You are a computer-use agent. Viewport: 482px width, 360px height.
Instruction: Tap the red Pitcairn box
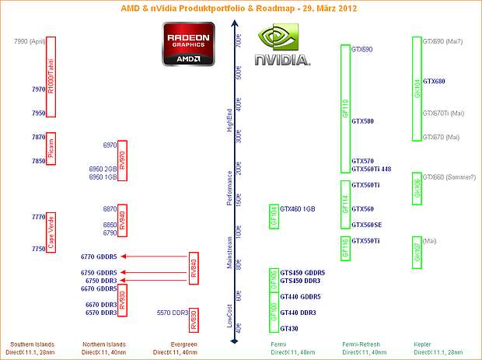tap(51, 148)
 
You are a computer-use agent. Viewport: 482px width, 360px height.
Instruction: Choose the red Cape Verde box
tap(51, 232)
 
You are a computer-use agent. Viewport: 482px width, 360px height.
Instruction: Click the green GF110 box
tap(345, 108)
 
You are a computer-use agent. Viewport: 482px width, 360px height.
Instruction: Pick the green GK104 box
tap(417, 88)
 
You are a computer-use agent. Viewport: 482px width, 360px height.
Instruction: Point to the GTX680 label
tap(434, 82)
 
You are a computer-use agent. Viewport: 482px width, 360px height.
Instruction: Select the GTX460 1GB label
tap(297, 208)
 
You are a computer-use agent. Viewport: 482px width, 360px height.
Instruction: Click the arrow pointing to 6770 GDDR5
tap(155, 256)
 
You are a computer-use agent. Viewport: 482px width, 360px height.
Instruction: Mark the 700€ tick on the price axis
tap(239, 42)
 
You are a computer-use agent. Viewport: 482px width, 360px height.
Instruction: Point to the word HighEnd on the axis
tap(229, 120)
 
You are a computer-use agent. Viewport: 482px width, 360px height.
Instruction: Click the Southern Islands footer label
tap(25, 344)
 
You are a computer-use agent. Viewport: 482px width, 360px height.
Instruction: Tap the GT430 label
tap(288, 329)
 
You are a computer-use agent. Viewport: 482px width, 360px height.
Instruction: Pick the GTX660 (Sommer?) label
tap(446, 177)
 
